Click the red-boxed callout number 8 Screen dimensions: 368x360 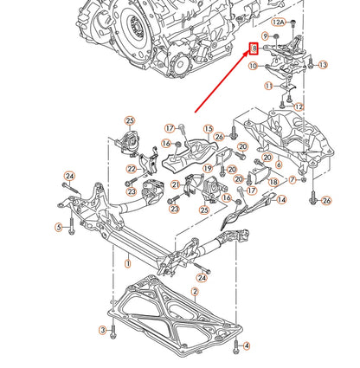254,49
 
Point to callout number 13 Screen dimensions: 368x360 322,65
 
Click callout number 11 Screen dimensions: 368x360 269,86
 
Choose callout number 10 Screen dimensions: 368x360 254,65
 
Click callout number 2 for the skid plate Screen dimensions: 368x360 196,292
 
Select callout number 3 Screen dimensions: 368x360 101,330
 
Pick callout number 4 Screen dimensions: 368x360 246,345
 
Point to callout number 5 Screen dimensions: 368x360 59,228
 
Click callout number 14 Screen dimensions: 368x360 280,199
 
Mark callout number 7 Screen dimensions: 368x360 293,180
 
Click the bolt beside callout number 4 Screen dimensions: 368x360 233,345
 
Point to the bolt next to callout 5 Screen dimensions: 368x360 70,229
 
